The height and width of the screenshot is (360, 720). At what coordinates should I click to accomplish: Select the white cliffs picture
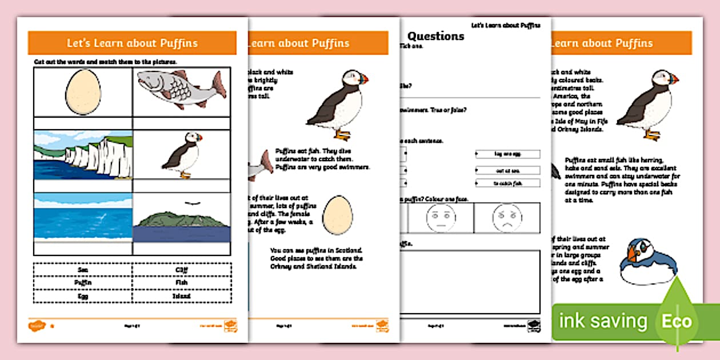click(83, 154)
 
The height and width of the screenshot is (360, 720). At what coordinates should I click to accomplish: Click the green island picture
click(181, 221)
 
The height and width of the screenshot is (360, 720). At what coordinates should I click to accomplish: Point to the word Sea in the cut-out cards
click(83, 269)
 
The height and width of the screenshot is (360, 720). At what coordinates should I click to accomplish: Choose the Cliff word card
click(182, 269)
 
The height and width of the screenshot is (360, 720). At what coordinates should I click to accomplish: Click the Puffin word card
click(83, 282)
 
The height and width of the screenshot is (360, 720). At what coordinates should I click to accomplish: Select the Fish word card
click(182, 282)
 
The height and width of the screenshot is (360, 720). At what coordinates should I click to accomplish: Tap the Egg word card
click(83, 296)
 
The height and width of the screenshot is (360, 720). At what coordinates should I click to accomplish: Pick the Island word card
click(182, 296)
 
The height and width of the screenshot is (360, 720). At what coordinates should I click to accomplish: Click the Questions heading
click(435, 36)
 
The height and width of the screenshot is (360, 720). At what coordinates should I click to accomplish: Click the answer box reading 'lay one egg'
click(507, 154)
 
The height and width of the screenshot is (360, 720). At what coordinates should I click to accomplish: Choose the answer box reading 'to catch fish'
click(507, 183)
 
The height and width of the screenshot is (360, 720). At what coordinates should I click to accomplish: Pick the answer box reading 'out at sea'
click(507, 170)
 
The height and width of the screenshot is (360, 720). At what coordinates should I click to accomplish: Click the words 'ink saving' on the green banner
click(603, 321)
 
